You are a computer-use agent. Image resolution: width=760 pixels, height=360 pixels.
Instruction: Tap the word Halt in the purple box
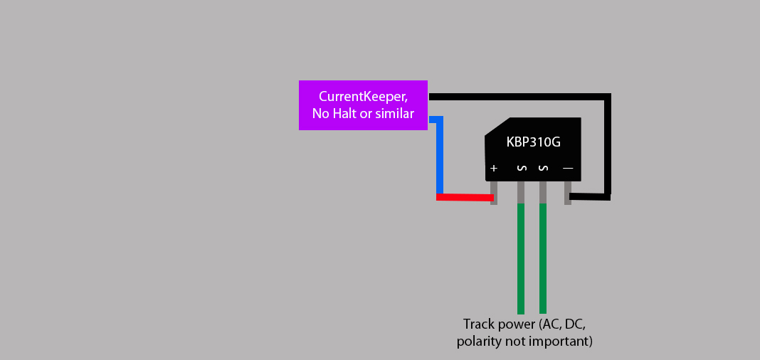coord(347,113)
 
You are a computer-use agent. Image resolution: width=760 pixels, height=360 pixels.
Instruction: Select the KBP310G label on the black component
coord(533,142)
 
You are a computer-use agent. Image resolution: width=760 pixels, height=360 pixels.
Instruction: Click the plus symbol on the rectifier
coord(494,169)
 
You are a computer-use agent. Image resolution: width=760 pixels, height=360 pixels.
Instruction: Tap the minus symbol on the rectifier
coord(568,169)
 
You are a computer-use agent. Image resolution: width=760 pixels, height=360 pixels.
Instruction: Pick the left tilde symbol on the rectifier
coord(521,169)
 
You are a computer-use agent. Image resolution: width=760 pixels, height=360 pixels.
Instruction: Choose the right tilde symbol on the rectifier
coord(543,169)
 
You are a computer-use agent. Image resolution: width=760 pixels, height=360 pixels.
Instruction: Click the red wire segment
coord(464,197)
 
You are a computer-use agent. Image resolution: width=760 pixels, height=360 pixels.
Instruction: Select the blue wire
coord(440,157)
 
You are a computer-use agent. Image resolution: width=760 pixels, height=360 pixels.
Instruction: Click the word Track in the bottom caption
coord(479,324)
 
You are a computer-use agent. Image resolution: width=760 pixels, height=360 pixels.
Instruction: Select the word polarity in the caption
coord(479,342)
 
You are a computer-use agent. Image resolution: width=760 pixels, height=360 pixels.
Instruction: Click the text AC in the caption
coord(549,324)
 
